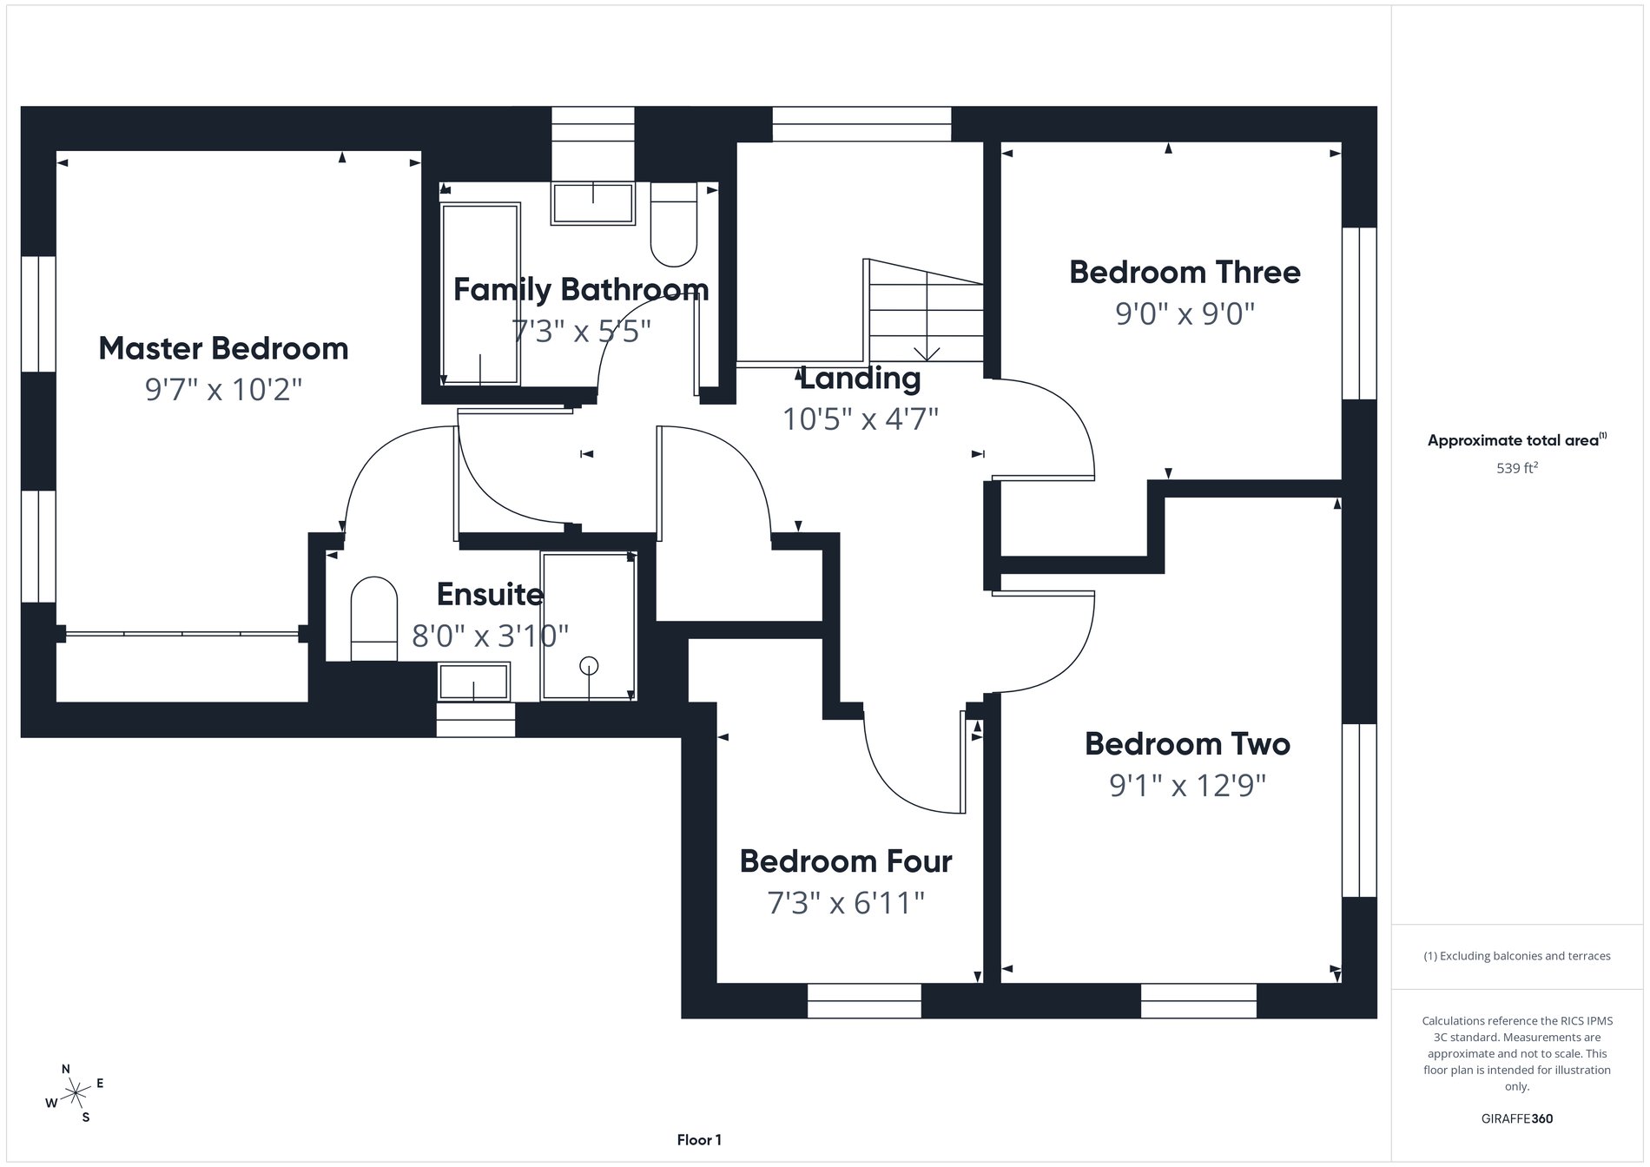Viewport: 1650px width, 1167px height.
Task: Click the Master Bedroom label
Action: (223, 348)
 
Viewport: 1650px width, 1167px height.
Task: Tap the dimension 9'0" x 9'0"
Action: (1185, 313)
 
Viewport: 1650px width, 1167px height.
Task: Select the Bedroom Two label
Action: (1187, 744)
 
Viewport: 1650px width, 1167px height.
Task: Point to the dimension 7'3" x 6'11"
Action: (845, 903)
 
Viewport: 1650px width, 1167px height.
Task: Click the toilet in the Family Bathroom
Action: (674, 225)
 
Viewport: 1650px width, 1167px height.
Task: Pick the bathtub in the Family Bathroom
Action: (480, 293)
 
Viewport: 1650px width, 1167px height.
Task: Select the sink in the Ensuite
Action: (473, 682)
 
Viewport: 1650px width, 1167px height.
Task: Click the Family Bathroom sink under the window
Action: (593, 203)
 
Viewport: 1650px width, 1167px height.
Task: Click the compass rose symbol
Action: (76, 1092)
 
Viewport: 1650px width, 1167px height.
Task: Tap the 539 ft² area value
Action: (1516, 468)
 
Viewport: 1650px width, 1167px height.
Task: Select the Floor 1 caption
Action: (699, 1140)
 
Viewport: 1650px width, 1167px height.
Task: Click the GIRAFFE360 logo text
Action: (1516, 1118)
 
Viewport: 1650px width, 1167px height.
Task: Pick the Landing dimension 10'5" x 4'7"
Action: (860, 419)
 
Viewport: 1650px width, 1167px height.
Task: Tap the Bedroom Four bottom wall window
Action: (864, 1000)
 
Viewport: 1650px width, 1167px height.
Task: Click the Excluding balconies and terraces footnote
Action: (1516, 956)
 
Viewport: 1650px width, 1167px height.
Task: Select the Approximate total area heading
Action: (1516, 440)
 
